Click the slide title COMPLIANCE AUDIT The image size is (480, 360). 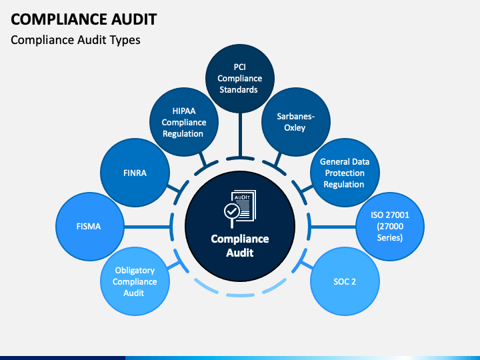(x=83, y=19)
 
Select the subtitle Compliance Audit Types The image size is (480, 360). (x=75, y=40)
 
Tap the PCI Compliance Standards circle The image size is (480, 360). (x=240, y=79)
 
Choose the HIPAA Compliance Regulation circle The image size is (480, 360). (x=184, y=122)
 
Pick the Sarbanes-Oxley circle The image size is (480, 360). (x=296, y=122)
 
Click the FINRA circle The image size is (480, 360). (x=135, y=173)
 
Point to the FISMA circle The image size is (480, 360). (x=90, y=227)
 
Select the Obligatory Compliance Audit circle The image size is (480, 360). (x=135, y=281)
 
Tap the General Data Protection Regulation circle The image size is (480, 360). (x=345, y=173)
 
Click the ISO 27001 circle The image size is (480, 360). (x=390, y=227)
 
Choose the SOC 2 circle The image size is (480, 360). (x=345, y=281)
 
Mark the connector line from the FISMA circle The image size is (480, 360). (x=147, y=227)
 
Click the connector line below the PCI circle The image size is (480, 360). (x=240, y=135)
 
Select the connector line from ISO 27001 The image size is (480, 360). (x=333, y=227)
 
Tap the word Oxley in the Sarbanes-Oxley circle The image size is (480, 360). (x=295, y=127)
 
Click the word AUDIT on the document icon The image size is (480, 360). (x=242, y=197)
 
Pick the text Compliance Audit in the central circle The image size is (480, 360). (x=240, y=245)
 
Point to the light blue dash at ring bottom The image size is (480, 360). (x=240, y=295)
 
